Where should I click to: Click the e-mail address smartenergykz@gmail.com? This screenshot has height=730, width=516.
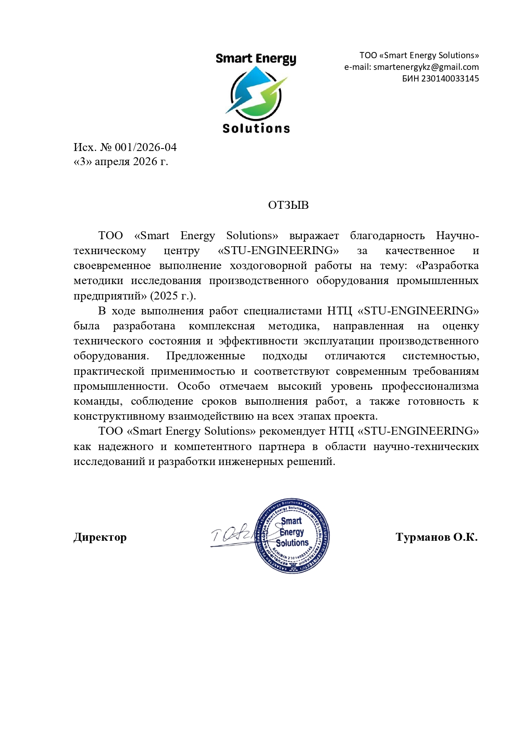[426, 67]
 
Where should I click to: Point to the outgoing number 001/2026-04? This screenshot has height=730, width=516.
[146, 147]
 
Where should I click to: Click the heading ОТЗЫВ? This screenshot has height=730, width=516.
[288, 205]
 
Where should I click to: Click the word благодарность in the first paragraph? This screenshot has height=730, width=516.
[387, 236]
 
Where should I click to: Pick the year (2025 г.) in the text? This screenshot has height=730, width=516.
[173, 296]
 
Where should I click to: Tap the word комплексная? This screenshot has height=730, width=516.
[222, 326]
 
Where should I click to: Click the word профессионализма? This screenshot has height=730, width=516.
[430, 386]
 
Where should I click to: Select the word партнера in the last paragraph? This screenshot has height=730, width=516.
[281, 447]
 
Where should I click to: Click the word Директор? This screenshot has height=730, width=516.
[100, 537]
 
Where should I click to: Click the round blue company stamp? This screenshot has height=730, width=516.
[292, 536]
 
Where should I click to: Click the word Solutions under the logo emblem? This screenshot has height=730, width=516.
[256, 129]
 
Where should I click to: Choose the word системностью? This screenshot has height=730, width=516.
[440, 356]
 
